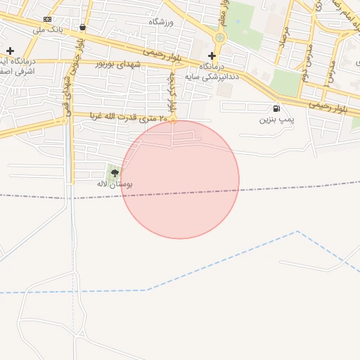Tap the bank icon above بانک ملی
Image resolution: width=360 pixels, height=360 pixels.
tap(47, 19)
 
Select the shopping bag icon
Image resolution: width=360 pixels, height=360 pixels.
tap(83, 27)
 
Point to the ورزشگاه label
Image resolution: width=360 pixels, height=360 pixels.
tap(161, 22)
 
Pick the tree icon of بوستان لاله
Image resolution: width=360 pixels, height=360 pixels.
tap(115, 172)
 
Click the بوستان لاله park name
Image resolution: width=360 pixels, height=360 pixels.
tap(115, 184)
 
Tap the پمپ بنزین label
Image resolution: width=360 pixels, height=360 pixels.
tap(275, 120)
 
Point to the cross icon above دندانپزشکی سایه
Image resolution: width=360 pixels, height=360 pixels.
tap(212, 56)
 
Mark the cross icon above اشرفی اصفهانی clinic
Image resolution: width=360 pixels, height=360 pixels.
tap(10, 51)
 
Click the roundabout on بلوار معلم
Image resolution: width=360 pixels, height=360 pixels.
tap(221, 37)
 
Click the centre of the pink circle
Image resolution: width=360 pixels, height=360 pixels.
tap(180, 179)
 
